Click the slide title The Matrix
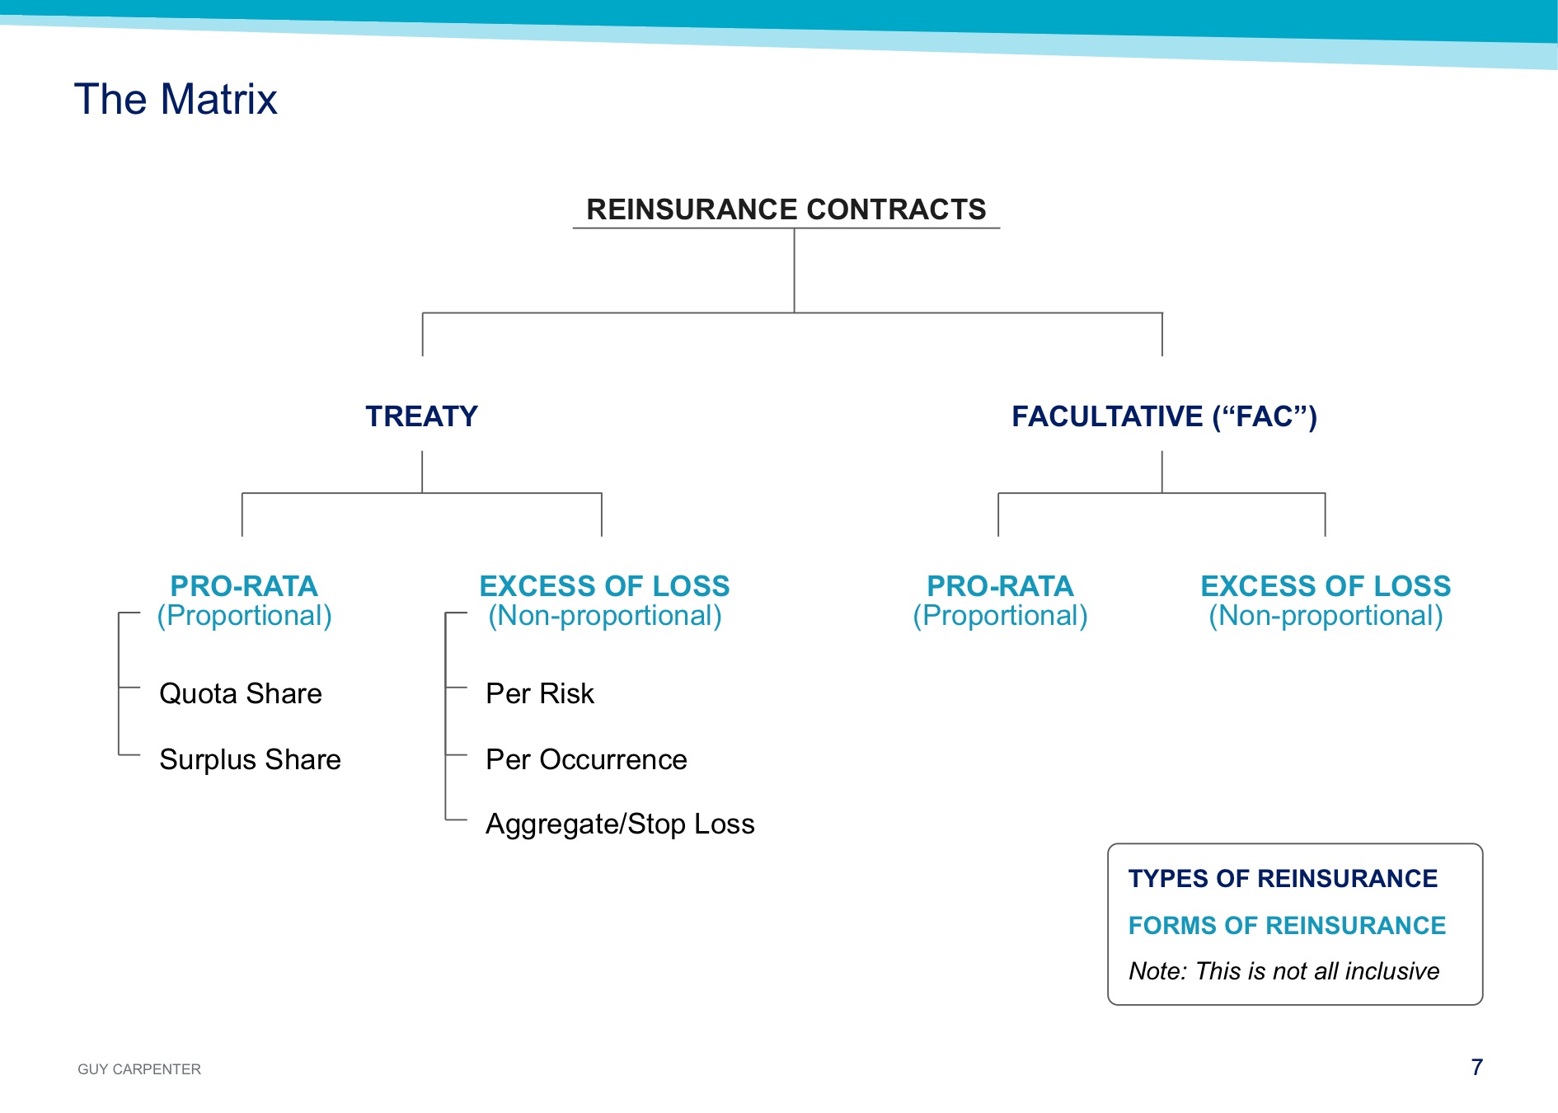pyautogui.click(x=176, y=99)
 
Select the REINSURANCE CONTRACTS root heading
pyautogui.click(x=786, y=209)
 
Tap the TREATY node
pyautogui.click(x=421, y=416)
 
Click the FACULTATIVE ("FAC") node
pyautogui.click(x=1164, y=416)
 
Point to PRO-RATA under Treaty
pyautogui.click(x=244, y=586)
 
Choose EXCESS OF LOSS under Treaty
pyautogui.click(x=604, y=586)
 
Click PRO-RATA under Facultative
pyautogui.click(x=1000, y=586)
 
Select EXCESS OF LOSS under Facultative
pyautogui.click(x=1326, y=586)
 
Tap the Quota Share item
pyautogui.click(x=241, y=693)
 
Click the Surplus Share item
pyautogui.click(x=250, y=759)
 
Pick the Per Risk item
pyautogui.click(x=540, y=693)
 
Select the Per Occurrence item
pyautogui.click(x=586, y=759)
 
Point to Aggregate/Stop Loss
pyautogui.click(x=620, y=824)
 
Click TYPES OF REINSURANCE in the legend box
pyautogui.click(x=1283, y=878)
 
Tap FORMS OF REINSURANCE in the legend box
pyautogui.click(x=1287, y=925)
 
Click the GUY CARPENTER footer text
pyautogui.click(x=139, y=1069)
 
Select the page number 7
pyautogui.click(x=1477, y=1068)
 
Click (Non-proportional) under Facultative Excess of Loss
pyautogui.click(x=1326, y=616)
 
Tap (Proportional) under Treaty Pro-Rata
pyautogui.click(x=244, y=616)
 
